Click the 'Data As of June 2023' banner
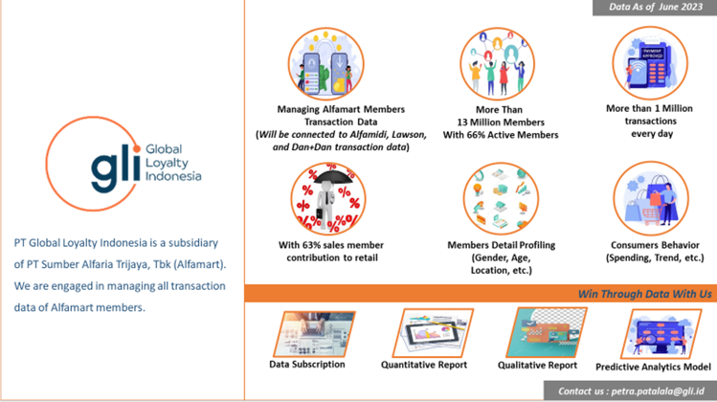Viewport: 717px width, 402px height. click(x=649, y=8)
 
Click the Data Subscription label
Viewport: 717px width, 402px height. click(x=306, y=364)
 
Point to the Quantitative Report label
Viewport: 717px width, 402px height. click(x=423, y=365)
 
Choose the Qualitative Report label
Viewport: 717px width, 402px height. click(x=537, y=365)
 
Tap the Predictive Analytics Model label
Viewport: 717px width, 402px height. click(x=653, y=367)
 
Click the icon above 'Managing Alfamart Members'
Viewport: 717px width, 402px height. click(x=329, y=65)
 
